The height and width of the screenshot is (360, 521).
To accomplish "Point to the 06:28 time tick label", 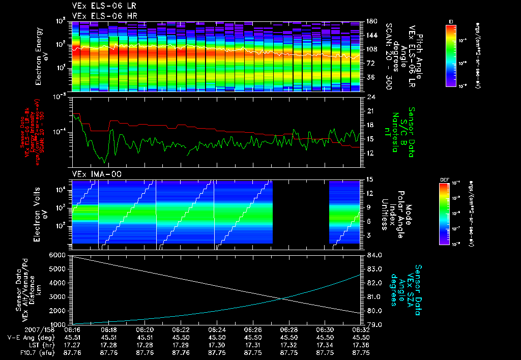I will [288, 329].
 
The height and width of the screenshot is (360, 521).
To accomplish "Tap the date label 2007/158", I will [21, 329].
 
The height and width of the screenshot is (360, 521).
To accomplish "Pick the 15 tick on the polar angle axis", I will [370, 179].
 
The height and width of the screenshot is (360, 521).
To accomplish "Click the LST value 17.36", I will [361, 344].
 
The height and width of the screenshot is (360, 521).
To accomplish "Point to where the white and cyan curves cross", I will [282, 298].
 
